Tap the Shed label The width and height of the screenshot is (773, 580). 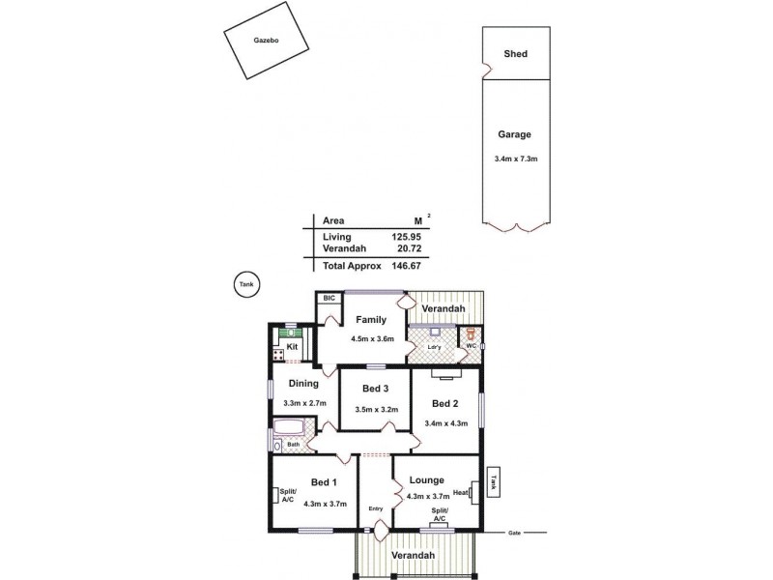(x=515, y=54)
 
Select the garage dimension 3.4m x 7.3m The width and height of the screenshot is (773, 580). (x=515, y=159)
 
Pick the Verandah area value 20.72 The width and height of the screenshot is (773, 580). (x=409, y=249)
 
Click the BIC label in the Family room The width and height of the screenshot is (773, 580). (x=329, y=300)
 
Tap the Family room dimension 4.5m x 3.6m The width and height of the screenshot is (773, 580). (x=371, y=338)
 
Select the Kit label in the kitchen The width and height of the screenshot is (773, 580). (x=291, y=346)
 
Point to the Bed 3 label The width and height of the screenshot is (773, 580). (x=375, y=390)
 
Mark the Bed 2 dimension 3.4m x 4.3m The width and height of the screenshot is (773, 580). (x=445, y=423)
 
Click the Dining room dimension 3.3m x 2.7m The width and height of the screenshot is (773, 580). (x=304, y=402)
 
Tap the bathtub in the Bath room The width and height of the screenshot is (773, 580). (x=290, y=428)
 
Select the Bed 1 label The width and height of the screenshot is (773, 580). (x=324, y=482)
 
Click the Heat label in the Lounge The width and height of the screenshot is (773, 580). (x=460, y=492)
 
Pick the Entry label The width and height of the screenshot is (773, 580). (x=375, y=509)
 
